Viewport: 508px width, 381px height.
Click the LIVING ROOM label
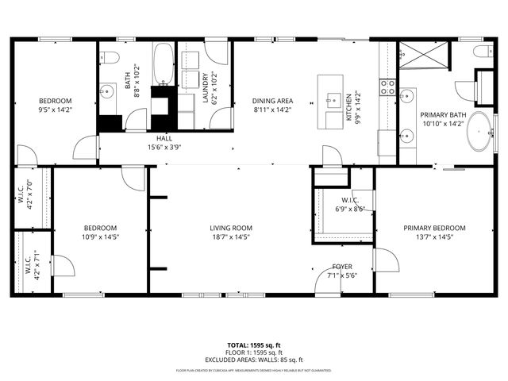point(230,228)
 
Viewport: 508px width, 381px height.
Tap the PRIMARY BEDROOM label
point(433,228)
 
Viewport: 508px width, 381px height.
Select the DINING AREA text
point(272,101)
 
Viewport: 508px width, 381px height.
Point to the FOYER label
point(342,267)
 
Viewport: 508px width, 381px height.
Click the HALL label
point(164,138)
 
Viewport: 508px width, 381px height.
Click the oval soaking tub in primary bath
point(479,132)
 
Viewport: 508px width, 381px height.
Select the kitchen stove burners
point(388,87)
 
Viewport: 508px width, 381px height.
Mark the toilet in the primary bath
point(481,52)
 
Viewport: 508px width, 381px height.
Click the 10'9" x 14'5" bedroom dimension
point(100,236)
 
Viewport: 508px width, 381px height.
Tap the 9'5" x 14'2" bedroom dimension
point(56,110)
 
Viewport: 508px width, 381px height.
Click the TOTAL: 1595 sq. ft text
point(254,345)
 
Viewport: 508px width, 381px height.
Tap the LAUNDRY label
point(205,88)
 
